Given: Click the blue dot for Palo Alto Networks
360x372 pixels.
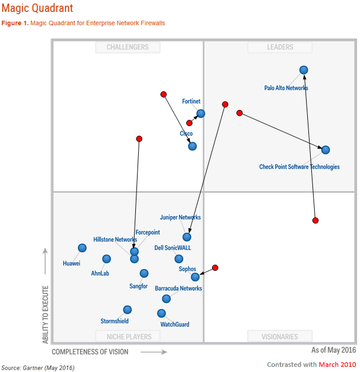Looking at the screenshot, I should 303,70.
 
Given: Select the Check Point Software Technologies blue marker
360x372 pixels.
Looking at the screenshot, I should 325,150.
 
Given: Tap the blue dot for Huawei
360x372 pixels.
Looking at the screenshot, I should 82,248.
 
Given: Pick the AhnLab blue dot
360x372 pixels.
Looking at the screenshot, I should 106,259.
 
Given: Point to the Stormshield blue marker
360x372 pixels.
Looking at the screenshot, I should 127,310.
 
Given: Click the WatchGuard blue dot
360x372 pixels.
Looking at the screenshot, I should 161,313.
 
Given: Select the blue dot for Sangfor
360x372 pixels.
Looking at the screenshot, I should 144,273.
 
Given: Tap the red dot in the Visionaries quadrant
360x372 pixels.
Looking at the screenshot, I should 315,220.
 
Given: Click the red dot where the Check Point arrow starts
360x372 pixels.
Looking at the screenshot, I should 240,113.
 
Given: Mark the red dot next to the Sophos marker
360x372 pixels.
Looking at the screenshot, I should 215,268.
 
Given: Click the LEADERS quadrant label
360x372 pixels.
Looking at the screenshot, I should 280,48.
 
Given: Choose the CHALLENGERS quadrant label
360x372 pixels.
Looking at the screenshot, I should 127,48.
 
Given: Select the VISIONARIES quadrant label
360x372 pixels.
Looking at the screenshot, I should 280,336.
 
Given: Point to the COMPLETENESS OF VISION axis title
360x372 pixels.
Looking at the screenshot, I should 90,351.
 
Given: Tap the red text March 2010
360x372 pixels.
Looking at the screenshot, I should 337,364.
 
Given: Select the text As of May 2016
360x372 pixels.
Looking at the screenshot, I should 334,350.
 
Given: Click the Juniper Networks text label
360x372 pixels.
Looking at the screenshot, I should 181,218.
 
